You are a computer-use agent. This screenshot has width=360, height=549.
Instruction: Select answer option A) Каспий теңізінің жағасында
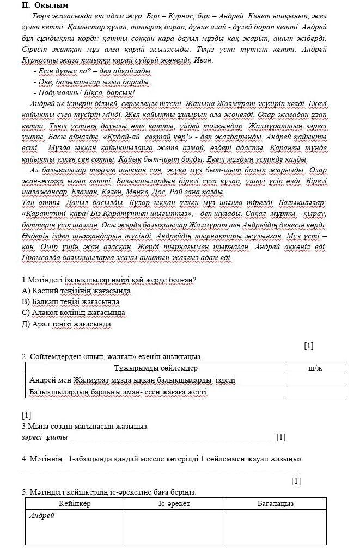point(76,291)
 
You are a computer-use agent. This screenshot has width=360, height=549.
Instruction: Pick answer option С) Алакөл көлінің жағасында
point(74,313)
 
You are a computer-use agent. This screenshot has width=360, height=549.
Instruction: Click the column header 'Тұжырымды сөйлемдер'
point(155,368)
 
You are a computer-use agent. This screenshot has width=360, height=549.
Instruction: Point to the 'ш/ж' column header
point(315,368)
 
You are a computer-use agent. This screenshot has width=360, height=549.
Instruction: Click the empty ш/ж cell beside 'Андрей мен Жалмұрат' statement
point(315,380)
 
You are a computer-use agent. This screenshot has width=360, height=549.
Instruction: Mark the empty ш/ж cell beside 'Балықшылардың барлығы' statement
point(315,392)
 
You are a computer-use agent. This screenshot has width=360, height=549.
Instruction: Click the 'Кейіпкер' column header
point(75,503)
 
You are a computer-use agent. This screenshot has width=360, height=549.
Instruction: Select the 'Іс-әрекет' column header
point(174,503)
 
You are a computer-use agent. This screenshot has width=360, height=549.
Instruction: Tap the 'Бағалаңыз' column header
point(276,503)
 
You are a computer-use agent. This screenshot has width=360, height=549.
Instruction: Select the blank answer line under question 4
point(161,473)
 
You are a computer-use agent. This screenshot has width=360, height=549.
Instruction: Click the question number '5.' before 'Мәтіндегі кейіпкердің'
point(25,492)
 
